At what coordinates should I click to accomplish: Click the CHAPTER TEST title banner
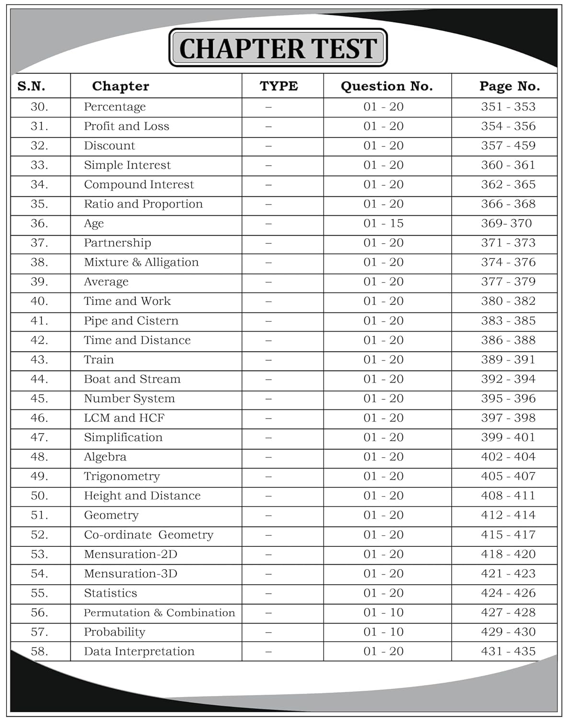click(x=278, y=48)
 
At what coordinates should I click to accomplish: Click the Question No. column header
click(x=386, y=86)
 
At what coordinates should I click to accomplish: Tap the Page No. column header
click(x=509, y=86)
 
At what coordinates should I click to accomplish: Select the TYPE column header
click(x=278, y=86)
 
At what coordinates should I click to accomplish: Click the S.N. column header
click(x=31, y=86)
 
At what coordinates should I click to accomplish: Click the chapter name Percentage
click(x=115, y=107)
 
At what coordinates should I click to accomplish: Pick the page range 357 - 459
click(x=508, y=146)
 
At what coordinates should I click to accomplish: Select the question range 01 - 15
click(x=383, y=224)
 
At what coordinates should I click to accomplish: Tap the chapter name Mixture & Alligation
click(x=141, y=263)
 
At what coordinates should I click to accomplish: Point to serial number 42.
click(x=39, y=340)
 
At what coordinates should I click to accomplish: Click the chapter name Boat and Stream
click(x=132, y=379)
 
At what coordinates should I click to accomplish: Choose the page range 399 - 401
click(x=508, y=438)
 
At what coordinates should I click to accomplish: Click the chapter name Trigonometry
click(x=122, y=477)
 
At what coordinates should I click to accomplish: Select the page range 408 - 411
click(x=508, y=496)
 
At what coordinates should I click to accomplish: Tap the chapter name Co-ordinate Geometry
click(x=149, y=535)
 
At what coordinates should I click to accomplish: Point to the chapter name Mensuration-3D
click(x=130, y=574)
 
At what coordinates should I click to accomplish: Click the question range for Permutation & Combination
click(x=383, y=613)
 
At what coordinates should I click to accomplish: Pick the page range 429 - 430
click(x=508, y=632)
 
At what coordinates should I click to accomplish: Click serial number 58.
click(x=39, y=652)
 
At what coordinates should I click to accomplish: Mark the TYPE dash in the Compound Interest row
click(x=268, y=185)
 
